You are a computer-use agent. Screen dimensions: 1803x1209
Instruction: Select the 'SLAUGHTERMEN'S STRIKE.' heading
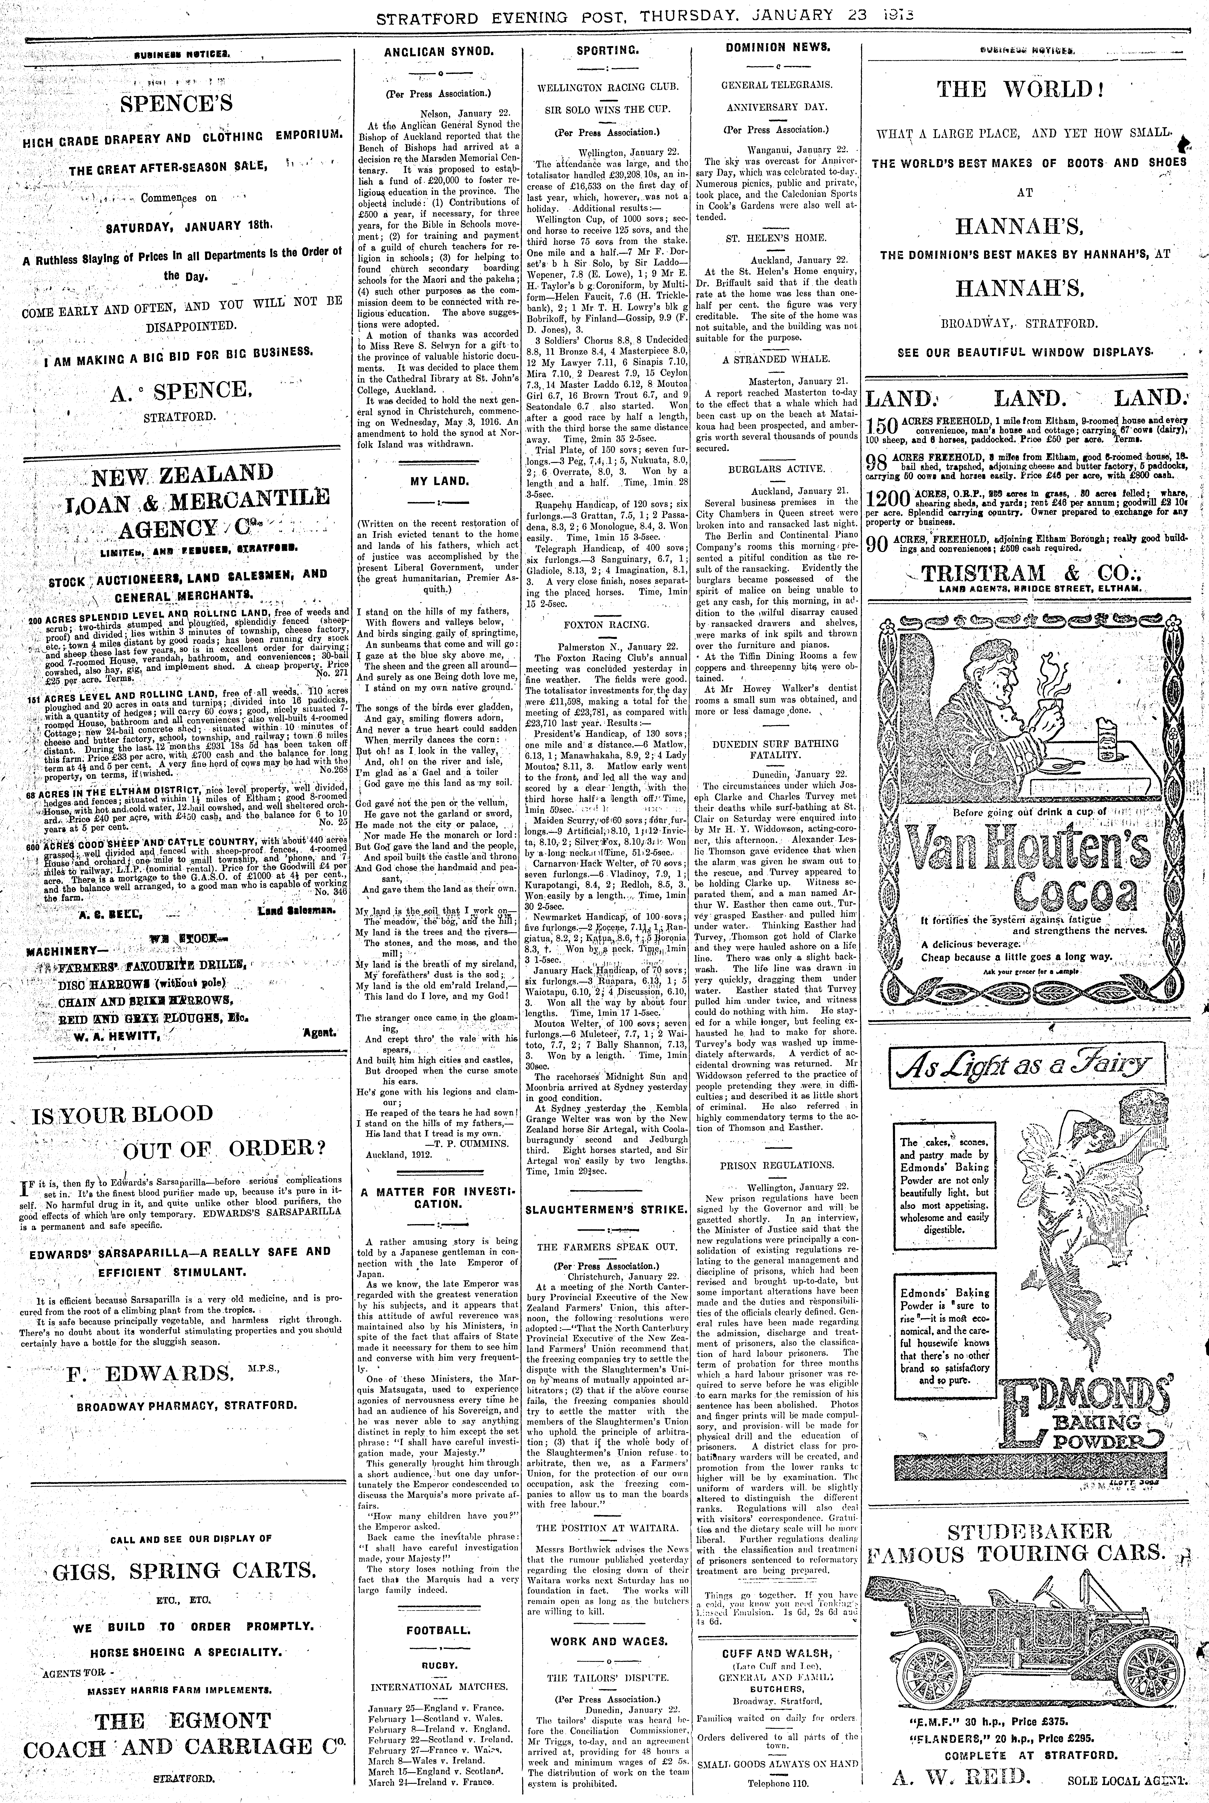click(x=606, y=1209)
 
